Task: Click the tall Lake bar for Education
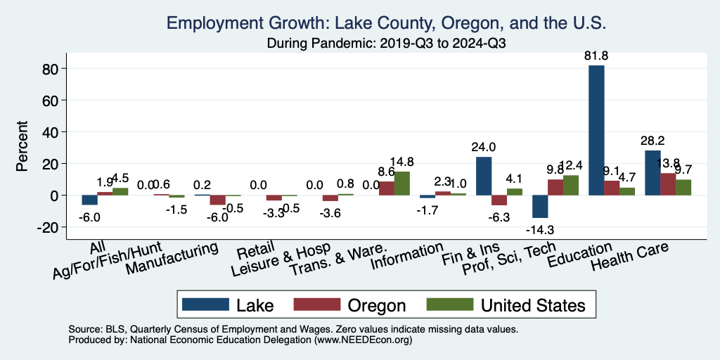596,130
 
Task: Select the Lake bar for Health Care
652,173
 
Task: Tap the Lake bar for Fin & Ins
484,176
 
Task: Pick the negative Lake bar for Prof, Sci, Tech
540,206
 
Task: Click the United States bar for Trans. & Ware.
401,183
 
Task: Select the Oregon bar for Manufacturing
217,200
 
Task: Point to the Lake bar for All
89,200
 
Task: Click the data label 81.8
596,56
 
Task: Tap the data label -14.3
539,229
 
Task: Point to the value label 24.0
484,148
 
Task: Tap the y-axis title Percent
23,148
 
